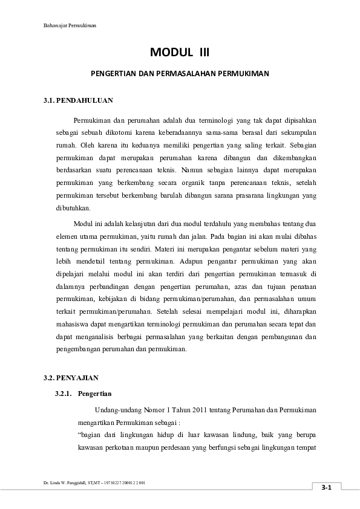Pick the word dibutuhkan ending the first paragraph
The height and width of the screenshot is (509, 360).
(73, 209)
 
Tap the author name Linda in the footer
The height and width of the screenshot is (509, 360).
(55, 483)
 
